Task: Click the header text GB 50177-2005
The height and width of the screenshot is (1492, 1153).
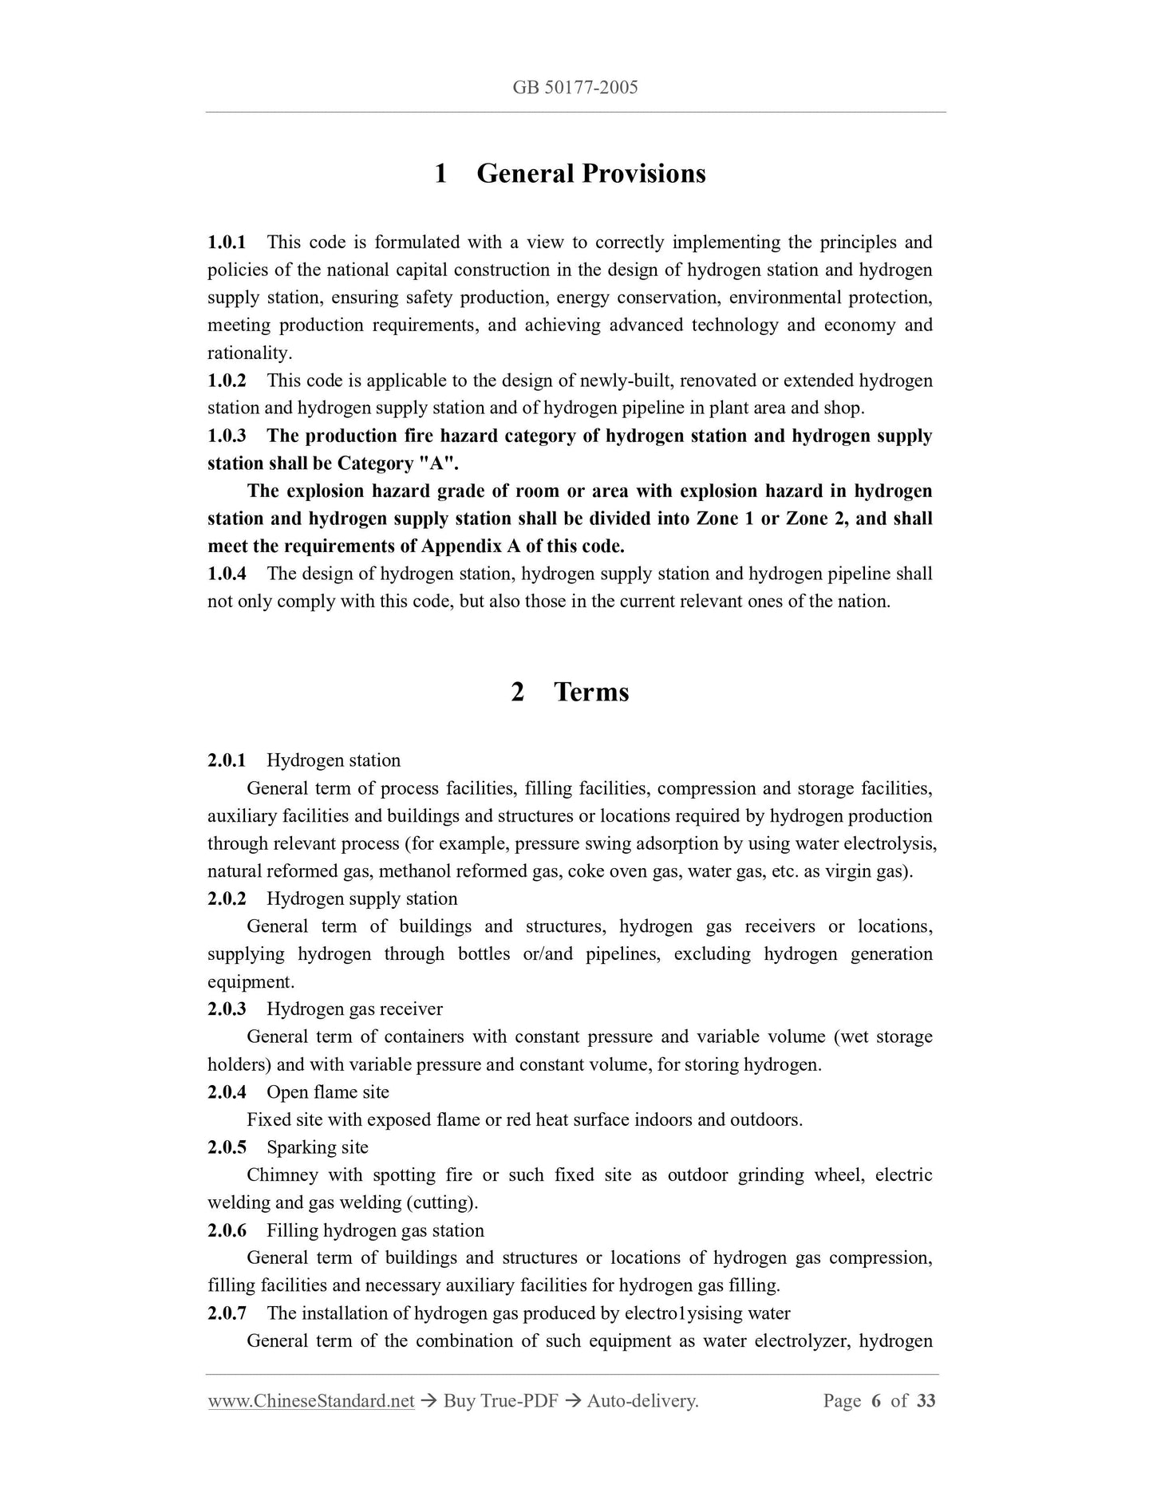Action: tap(575, 88)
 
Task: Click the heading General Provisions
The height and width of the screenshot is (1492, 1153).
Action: tap(590, 173)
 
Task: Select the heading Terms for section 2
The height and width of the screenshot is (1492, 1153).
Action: tap(591, 691)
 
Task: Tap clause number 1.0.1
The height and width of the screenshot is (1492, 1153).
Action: tap(227, 242)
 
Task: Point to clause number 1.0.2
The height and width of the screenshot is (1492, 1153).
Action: tap(227, 381)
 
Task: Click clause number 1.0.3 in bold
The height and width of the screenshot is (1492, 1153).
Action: tap(227, 436)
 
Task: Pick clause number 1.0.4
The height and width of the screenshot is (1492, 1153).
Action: tap(227, 574)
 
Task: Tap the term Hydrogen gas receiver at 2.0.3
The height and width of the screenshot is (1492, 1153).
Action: tap(354, 1009)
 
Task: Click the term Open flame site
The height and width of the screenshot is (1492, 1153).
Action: tap(328, 1092)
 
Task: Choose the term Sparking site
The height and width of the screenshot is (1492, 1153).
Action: tap(318, 1147)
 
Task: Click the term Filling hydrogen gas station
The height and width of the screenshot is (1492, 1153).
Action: tap(375, 1230)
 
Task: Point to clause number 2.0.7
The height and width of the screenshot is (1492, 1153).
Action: tap(227, 1313)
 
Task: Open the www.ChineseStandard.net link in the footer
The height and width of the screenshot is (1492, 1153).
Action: tap(311, 1423)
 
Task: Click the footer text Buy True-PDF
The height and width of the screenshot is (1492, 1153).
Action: tap(500, 1423)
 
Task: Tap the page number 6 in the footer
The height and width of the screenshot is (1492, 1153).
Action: tap(875, 1423)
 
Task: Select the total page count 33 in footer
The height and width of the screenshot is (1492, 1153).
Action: tap(926, 1423)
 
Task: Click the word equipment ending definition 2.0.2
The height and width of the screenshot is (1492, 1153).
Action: tap(250, 982)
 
